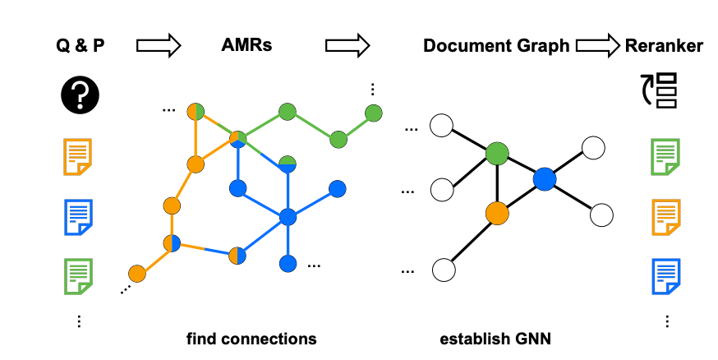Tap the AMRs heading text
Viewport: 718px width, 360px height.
(x=246, y=46)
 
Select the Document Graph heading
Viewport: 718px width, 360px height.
(x=496, y=46)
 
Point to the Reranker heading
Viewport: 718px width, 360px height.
(x=664, y=46)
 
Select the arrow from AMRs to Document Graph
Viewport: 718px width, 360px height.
(x=348, y=46)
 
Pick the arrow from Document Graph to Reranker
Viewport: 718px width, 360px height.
(x=596, y=46)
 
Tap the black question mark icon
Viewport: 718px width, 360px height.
(x=80, y=96)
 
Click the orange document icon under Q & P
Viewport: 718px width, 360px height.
(x=78, y=157)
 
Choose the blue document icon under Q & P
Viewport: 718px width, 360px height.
(x=78, y=216)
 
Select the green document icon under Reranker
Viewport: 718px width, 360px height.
(x=665, y=157)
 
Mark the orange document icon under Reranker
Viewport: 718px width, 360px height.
(x=665, y=216)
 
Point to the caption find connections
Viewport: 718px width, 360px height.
(x=251, y=338)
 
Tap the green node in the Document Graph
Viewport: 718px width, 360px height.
(x=498, y=153)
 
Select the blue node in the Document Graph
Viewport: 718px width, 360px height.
(x=544, y=178)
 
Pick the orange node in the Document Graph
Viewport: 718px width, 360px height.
(x=497, y=213)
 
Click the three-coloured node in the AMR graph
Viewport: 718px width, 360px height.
(x=238, y=139)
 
